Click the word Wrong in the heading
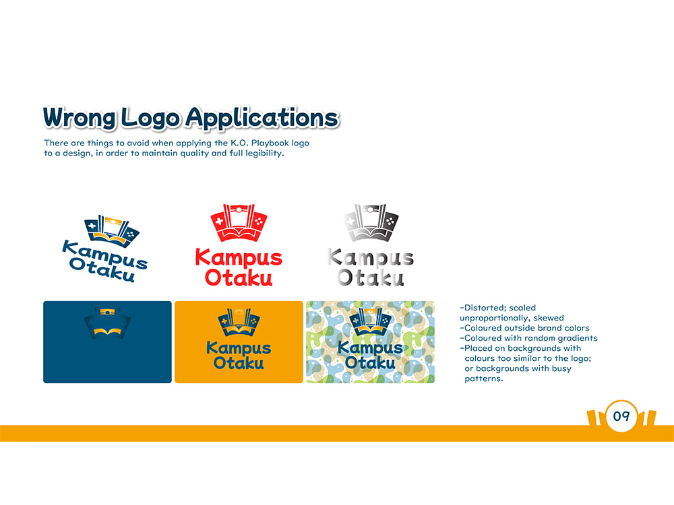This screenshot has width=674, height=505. point(80,118)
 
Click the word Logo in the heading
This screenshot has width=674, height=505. point(150,118)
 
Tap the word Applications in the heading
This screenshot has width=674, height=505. point(262,118)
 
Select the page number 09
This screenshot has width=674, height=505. point(621,415)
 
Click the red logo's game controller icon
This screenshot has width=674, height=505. point(239,222)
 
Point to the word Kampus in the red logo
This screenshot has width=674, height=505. point(239,258)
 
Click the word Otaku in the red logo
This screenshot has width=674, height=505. point(239,277)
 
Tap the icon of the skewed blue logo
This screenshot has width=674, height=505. point(111,231)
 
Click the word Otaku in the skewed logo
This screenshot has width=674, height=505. point(102,270)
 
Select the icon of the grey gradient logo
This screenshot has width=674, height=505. point(371,222)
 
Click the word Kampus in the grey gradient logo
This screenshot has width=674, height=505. point(371,258)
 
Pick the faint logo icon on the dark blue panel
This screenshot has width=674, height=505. point(107,323)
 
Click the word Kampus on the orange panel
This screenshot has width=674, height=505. point(239,348)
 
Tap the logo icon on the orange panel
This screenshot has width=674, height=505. point(239,322)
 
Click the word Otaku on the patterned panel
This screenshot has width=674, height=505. point(370,363)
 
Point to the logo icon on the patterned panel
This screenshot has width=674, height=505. point(370,322)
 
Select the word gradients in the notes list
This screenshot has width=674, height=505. point(578,339)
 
